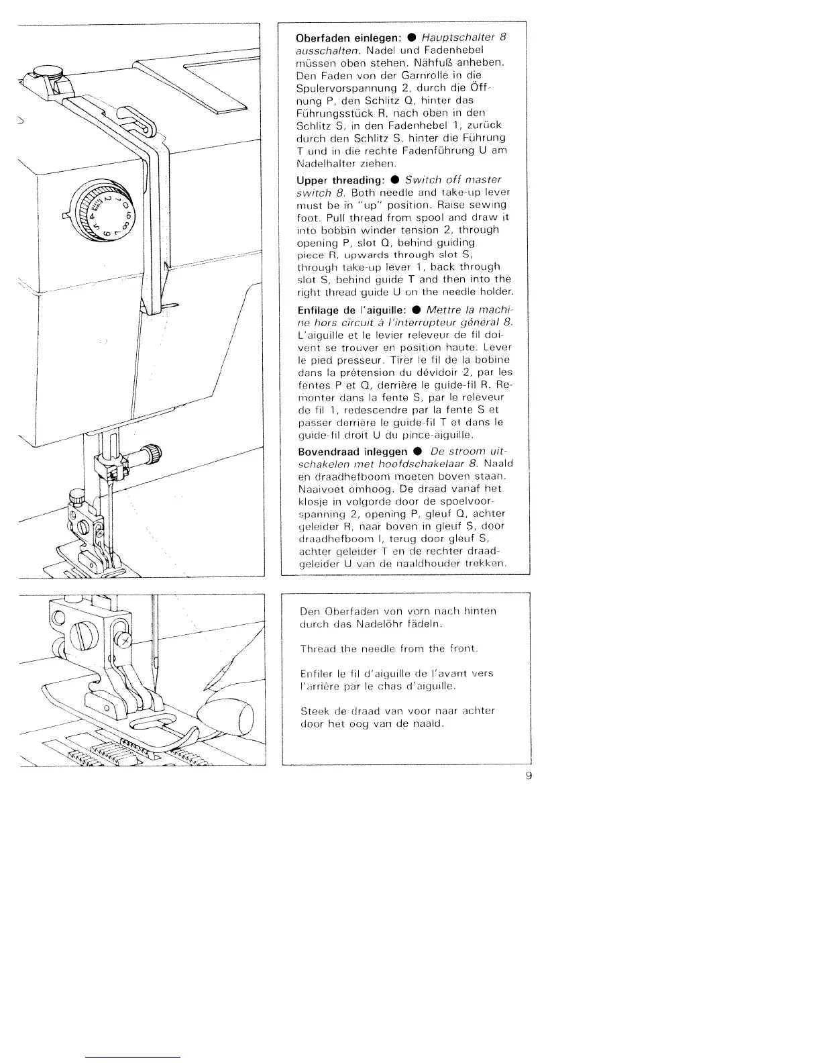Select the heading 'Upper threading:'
[339, 180]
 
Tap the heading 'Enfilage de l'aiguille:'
[349, 310]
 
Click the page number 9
[529, 776]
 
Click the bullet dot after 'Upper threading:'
[396, 180]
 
